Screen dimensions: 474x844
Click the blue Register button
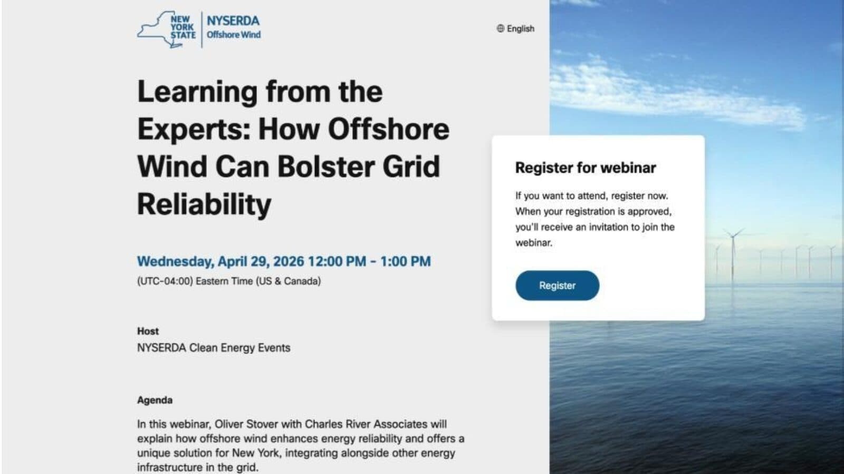(x=557, y=285)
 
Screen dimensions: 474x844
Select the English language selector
(x=520, y=28)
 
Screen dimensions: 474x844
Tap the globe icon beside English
(x=500, y=28)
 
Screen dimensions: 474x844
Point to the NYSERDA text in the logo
(x=233, y=21)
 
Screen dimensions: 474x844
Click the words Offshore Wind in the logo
(x=234, y=35)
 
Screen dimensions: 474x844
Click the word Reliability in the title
(x=204, y=204)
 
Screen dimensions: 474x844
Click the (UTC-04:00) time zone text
(x=165, y=281)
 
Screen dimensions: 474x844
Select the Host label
(x=148, y=331)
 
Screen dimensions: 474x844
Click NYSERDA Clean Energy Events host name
(x=214, y=348)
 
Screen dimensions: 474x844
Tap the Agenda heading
(x=155, y=400)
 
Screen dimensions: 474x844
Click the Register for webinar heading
(x=586, y=168)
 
